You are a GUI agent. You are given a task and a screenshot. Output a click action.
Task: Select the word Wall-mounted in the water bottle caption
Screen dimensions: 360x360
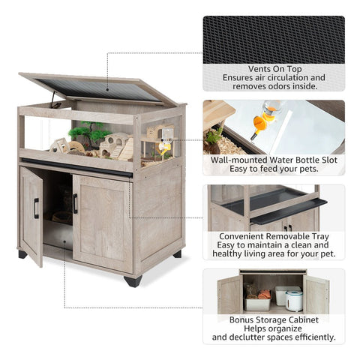[239, 160]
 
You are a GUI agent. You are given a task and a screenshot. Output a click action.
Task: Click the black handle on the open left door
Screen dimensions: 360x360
[37, 208]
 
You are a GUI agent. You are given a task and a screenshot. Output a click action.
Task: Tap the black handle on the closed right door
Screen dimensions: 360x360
[75, 203]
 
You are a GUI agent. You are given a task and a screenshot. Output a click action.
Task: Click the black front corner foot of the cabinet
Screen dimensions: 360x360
[133, 281]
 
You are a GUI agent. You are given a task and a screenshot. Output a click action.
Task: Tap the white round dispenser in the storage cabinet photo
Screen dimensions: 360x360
[294, 301]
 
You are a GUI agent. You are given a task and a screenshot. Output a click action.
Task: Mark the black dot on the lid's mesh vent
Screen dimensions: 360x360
[107, 89]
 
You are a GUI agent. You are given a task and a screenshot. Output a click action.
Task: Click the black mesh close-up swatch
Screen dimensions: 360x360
[274, 40]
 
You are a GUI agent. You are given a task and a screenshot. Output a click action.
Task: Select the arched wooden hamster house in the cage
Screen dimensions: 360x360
[114, 144]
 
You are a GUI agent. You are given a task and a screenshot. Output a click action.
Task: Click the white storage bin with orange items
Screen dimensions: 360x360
[257, 301]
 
